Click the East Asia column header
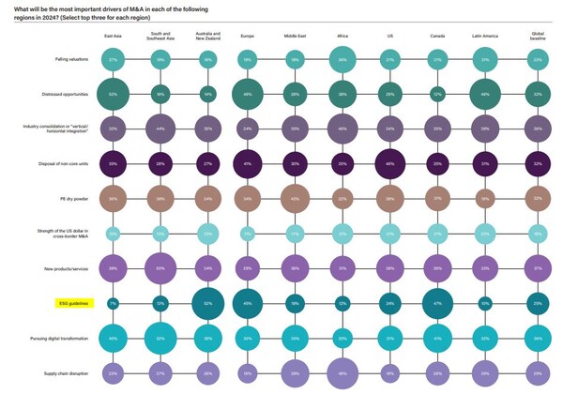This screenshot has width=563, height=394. click(114, 36)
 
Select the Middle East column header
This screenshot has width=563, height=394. click(294, 36)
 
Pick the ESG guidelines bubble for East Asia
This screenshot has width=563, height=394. click(113, 304)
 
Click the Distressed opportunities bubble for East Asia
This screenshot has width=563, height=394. click(113, 95)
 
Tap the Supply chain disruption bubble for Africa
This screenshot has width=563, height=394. click(342, 373)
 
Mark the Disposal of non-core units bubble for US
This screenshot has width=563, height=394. click(389, 164)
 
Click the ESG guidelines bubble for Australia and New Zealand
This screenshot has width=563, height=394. click(207, 304)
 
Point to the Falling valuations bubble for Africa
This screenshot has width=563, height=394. click(342, 60)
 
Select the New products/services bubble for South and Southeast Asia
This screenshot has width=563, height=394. click(160, 268)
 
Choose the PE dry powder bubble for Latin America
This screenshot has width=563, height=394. click(486, 199)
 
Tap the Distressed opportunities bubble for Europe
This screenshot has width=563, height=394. click(248, 95)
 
